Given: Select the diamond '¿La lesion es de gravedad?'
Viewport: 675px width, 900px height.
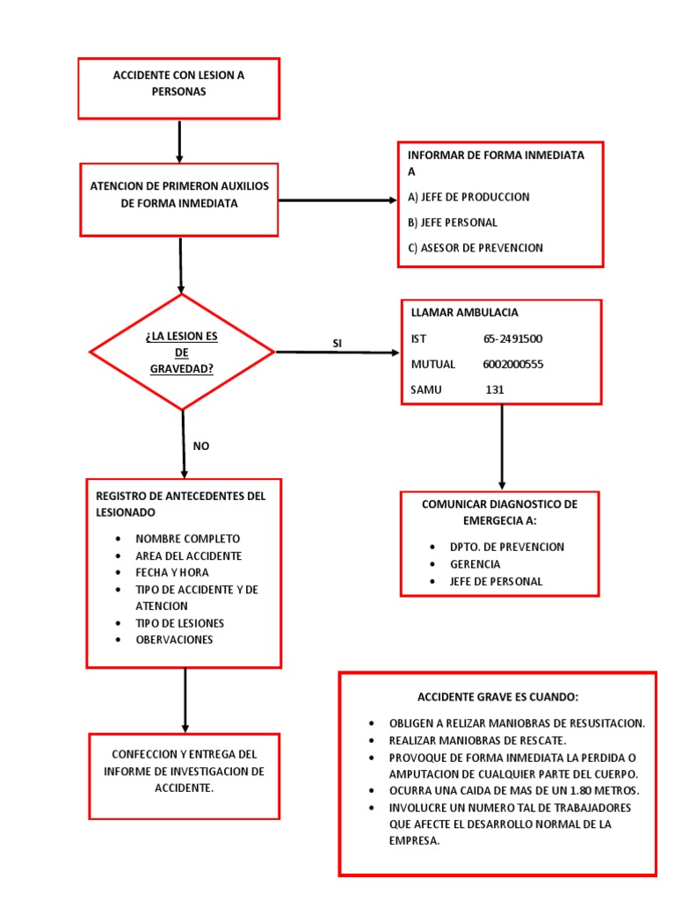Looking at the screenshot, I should (x=182, y=352).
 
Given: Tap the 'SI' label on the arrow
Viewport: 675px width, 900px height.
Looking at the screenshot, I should (x=337, y=343).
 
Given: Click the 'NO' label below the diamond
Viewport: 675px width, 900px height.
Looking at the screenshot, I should (x=201, y=446).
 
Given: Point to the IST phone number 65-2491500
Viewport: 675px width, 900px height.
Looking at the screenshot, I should (x=512, y=338).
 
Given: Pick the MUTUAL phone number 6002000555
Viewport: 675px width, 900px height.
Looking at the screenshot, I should (x=512, y=364).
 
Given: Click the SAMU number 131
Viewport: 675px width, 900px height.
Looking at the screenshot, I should (x=495, y=389).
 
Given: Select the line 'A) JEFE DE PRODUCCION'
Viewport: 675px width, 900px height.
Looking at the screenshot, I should (x=468, y=197).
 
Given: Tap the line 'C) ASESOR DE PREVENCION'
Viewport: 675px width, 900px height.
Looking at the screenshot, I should (x=475, y=248).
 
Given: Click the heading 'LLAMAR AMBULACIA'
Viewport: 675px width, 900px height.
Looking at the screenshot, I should (x=464, y=312).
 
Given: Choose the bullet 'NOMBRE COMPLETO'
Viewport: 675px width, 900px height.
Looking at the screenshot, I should (x=187, y=539).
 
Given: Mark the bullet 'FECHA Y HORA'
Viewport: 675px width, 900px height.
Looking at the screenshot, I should (x=171, y=572).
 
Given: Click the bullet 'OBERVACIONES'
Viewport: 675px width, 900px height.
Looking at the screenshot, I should (x=174, y=640).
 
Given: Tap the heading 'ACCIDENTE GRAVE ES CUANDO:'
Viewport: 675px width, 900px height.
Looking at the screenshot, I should (x=497, y=697).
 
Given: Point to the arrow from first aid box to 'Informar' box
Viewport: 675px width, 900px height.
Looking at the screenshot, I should (x=337, y=200).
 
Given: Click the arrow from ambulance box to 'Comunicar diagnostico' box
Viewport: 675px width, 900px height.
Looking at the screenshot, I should (x=502, y=446).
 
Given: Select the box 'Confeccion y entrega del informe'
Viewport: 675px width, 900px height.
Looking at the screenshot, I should (x=184, y=772).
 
